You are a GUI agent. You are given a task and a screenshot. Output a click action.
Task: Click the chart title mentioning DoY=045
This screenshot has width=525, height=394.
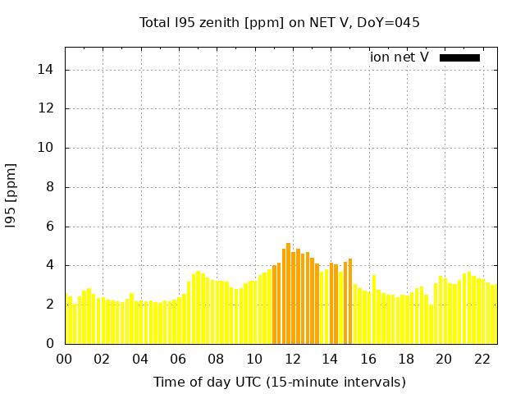pos(280,22)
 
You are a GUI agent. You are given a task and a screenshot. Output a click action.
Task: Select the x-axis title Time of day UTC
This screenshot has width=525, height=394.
pos(280,382)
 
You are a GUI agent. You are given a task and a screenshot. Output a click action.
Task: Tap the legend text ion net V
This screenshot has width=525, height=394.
pos(399,57)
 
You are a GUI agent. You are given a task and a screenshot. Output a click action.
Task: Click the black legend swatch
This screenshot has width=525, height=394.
pos(459,57)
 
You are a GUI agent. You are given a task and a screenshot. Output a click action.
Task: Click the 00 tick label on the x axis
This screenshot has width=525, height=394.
pos(65,360)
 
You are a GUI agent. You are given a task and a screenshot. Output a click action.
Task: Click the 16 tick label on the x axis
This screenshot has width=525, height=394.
pos(368,360)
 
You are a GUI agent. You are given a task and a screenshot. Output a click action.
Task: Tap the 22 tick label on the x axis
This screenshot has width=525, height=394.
pos(482,360)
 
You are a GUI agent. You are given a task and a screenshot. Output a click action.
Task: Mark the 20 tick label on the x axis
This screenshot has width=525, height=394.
pos(444,360)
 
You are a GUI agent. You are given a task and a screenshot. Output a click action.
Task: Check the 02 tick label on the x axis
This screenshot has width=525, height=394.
pos(103,360)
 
